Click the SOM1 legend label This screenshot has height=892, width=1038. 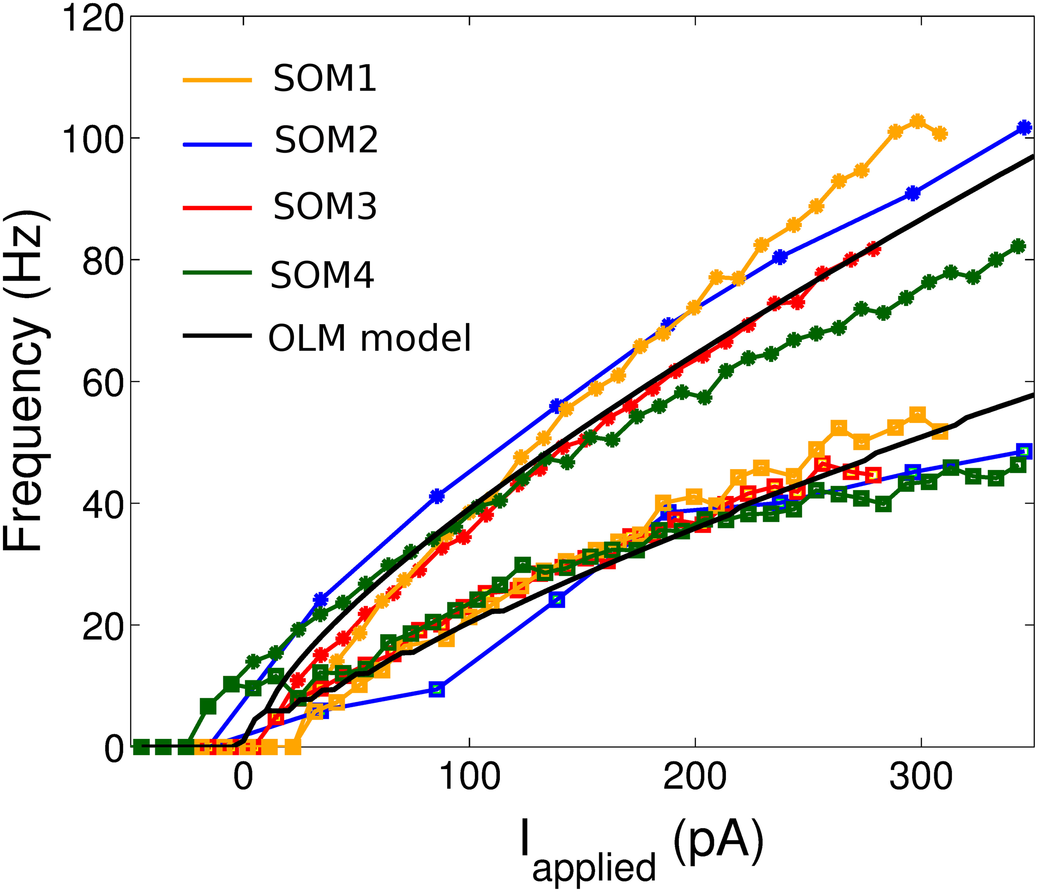324,79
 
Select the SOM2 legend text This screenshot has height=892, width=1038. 326,140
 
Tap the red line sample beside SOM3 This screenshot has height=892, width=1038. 217,207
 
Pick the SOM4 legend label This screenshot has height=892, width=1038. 322,276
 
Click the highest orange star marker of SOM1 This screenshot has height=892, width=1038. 917,121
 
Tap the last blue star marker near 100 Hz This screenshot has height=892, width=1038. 1024,128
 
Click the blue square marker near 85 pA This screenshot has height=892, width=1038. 437,690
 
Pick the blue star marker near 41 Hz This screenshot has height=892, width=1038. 437,496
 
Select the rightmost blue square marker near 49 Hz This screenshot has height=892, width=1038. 1024,451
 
